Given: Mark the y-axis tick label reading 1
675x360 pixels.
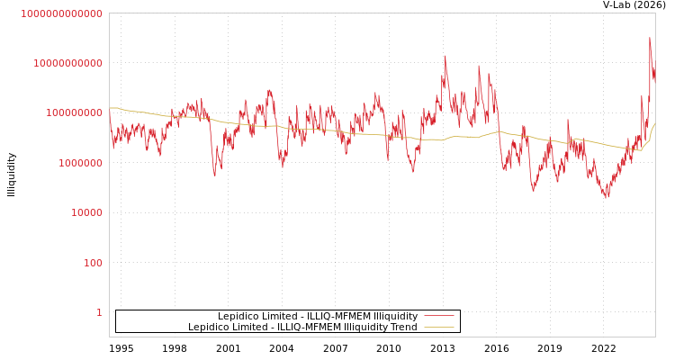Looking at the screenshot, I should click(99, 312).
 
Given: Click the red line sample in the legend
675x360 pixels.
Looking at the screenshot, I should click(438, 316).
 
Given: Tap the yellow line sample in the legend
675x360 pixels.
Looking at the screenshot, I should click(438, 327).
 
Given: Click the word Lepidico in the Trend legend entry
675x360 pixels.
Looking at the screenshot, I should click(209, 327).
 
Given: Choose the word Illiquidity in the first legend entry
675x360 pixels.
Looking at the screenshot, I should click(395, 316).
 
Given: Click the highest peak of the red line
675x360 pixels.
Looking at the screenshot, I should click(650, 38).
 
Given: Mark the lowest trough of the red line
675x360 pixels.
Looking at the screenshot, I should click(607, 198).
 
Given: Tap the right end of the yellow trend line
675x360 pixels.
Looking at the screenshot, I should click(654, 123).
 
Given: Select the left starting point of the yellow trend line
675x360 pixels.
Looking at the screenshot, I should click(110, 108).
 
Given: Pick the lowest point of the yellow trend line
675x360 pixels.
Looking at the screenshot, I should click(640, 150).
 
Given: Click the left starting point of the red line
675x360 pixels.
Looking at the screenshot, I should click(110, 112).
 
